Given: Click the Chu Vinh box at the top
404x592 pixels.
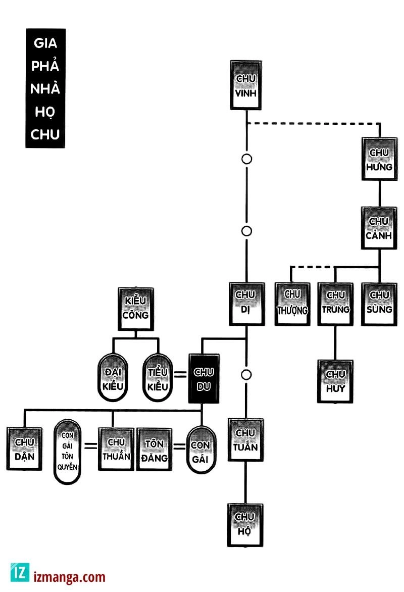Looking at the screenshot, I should click(246, 85).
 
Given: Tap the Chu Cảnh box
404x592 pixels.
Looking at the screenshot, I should click(379, 228).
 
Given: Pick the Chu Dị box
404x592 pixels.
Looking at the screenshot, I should click(246, 304).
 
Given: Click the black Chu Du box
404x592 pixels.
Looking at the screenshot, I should click(204, 378).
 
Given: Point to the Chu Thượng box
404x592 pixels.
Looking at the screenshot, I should click(292, 304).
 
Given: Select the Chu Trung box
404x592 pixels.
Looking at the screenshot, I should click(336, 304).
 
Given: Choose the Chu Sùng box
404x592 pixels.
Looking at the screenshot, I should click(379, 304).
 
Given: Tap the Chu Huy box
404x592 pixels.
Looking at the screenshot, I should click(335, 381).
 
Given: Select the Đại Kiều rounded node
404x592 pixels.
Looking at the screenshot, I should click(112, 378).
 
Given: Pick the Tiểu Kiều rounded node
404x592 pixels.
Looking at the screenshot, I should click(158, 378).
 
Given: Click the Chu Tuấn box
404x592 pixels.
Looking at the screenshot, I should click(245, 440).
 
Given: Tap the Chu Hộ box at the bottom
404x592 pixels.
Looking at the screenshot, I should click(245, 525).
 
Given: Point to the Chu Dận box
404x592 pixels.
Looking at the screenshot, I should click(24, 449).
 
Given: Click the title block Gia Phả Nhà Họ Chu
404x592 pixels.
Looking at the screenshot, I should click(45, 88).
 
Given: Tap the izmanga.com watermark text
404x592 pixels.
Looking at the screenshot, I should click(70, 577).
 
